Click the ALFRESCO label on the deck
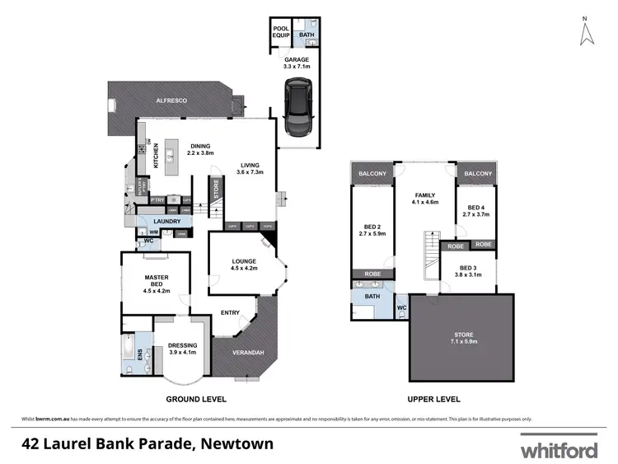pos(173,100)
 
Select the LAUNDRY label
pos(166,221)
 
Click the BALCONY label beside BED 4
pos(478,174)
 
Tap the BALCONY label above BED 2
pos(372,174)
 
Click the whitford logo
pos(558,450)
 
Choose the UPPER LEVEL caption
pos(433,399)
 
